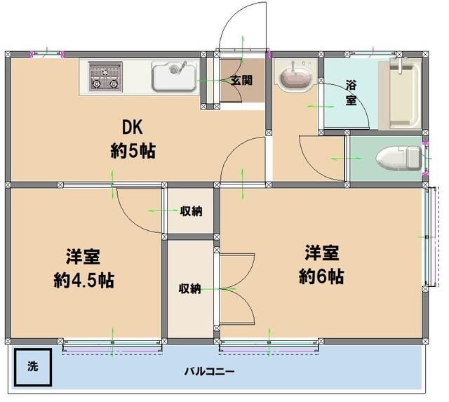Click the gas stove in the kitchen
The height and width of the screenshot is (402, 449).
[x=105, y=76]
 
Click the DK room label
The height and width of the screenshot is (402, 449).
[x=133, y=128]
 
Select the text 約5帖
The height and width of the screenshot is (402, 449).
[x=133, y=150]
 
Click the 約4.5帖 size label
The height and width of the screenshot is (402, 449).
[x=84, y=280]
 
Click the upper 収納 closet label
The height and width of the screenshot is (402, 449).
[x=191, y=210]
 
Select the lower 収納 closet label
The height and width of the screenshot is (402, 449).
[x=189, y=288]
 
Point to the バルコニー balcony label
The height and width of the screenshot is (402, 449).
[x=210, y=371]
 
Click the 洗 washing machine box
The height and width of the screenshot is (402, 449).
[x=32, y=366]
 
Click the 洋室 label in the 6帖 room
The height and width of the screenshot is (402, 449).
[x=322, y=251]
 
